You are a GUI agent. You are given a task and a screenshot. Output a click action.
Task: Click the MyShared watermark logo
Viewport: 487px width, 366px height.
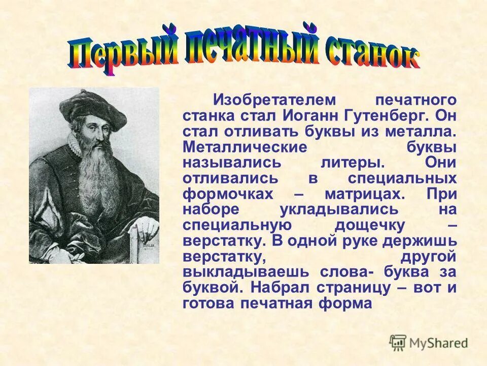click(429, 343)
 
